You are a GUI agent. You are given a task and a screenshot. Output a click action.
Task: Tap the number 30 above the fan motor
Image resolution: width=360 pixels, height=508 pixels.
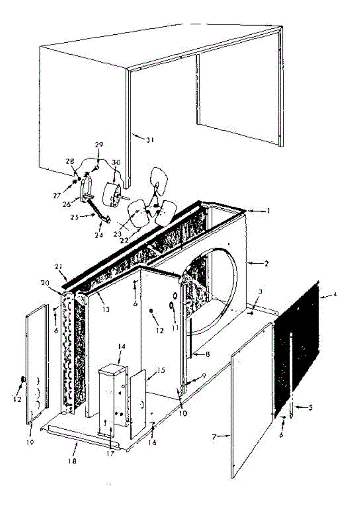point(116,162)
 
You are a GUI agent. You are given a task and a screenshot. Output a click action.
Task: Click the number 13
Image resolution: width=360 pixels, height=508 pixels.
point(105,309)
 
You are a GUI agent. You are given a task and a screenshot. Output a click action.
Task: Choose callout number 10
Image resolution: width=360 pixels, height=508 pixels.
point(183,413)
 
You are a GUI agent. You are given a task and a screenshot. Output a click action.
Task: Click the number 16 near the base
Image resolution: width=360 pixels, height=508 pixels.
point(152,442)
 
